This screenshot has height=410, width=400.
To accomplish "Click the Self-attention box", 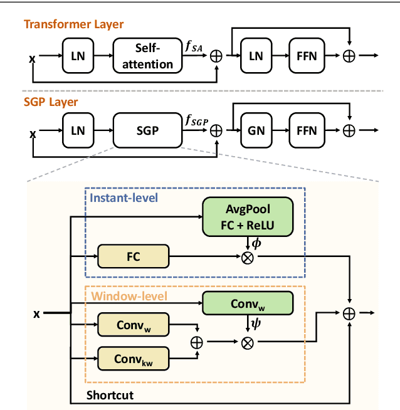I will tap(145, 56).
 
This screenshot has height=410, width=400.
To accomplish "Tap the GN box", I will tap(256, 130).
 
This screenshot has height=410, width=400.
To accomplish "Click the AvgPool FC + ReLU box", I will tap(247, 217).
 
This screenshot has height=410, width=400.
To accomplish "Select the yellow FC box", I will tap(134, 256).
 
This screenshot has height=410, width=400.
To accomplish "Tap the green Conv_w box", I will tap(247, 303).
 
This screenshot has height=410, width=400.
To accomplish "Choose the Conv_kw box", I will tap(134, 359).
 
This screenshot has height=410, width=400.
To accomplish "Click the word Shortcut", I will tap(110, 396).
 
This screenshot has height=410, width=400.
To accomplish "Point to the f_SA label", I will tap(192, 45).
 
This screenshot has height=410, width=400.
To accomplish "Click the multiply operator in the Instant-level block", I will tap(247, 256).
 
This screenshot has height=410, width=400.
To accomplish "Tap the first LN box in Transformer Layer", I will tap(77, 56).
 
